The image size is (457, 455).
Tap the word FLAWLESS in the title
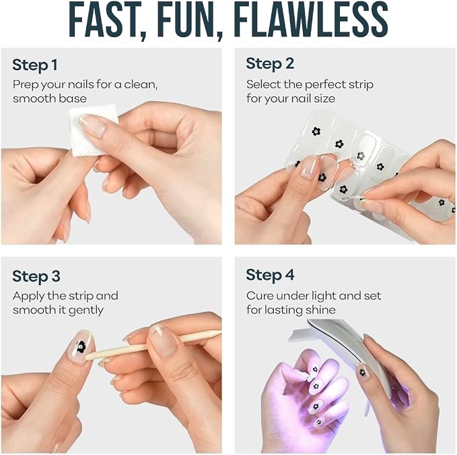pos(311,19)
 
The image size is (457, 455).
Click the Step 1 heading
pos(35,65)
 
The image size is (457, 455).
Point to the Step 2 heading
pos(270,64)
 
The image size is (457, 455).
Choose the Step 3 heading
pos(36,276)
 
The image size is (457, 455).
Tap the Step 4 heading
pos(270,275)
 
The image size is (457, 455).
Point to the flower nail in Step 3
pos(81,346)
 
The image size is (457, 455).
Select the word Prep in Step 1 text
pos(26,85)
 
